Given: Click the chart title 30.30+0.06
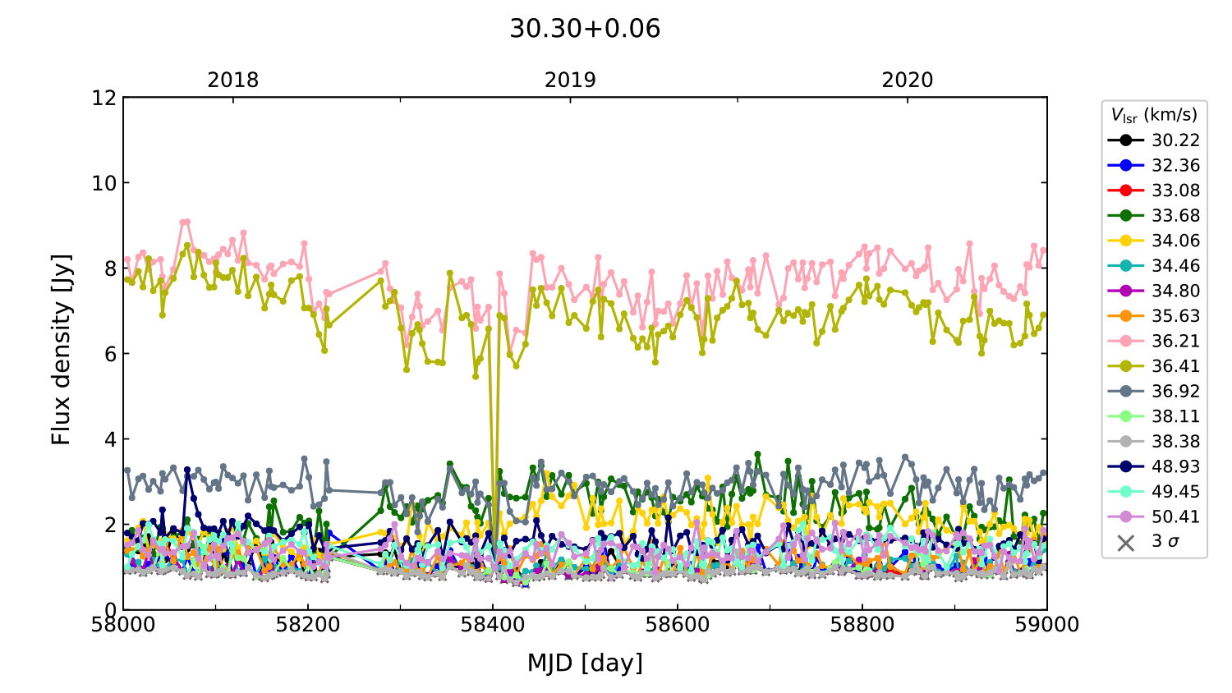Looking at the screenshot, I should (x=585, y=29).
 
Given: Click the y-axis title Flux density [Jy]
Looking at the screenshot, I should (x=62, y=350).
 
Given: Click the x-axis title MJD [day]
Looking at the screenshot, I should (x=585, y=663).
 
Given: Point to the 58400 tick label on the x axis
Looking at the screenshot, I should (x=493, y=625).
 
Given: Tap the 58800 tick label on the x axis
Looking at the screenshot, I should (x=862, y=625).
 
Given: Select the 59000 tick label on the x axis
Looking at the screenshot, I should (x=1046, y=625).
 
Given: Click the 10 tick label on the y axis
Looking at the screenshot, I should (x=104, y=183).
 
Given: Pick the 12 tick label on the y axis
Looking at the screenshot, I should (x=104, y=98).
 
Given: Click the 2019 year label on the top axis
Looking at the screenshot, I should (x=570, y=80).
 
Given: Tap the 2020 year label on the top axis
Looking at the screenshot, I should (x=908, y=80).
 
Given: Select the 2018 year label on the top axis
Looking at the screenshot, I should (x=232, y=80).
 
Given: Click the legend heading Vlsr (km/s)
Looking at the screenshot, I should (x=1154, y=115).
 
